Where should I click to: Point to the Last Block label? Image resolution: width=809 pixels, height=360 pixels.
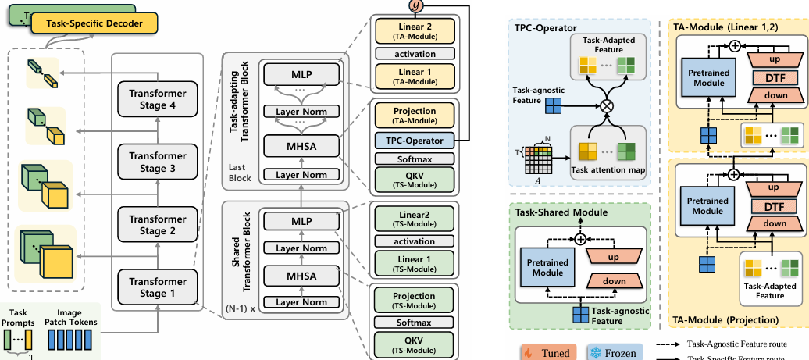tap(240, 173)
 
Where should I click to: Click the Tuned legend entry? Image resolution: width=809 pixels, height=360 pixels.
tap(546, 352)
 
